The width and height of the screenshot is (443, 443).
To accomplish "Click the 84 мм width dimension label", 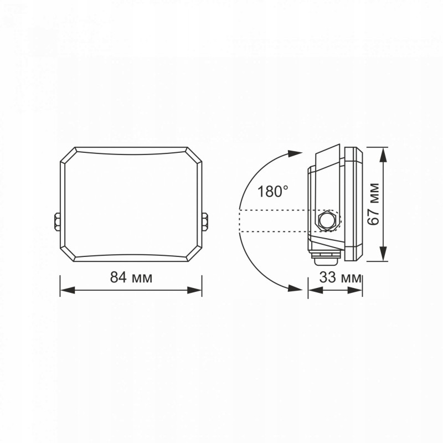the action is (131, 277).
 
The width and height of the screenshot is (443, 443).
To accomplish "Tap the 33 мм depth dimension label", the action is (341, 277).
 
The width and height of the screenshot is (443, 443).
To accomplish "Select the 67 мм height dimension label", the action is (374, 204).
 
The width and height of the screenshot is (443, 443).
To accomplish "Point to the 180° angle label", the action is (272, 191).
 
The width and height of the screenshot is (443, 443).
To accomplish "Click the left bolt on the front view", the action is (57, 221).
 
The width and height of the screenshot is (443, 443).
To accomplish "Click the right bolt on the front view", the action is (205, 221).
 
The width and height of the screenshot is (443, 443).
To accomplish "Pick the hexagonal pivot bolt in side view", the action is (327, 220).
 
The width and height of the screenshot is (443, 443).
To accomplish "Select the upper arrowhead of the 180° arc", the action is (295, 154).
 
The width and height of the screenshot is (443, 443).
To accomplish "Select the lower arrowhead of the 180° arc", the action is (295, 289).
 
